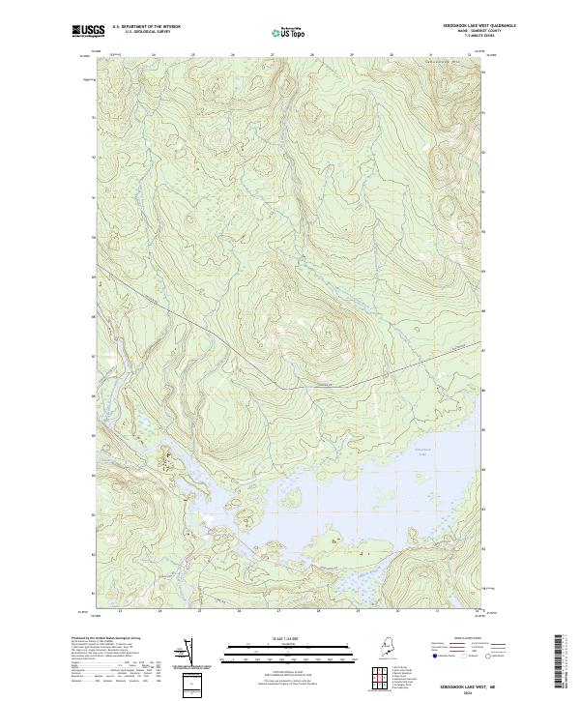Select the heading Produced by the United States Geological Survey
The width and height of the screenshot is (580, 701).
click(x=113, y=638)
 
